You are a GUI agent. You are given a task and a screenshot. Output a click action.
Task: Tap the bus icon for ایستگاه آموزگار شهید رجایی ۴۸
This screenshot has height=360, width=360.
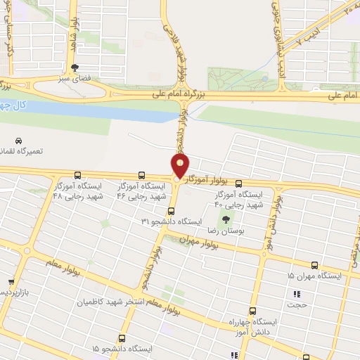(77, 176)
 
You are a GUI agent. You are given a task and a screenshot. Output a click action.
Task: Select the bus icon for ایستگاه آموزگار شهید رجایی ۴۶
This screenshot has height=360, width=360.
(142, 175)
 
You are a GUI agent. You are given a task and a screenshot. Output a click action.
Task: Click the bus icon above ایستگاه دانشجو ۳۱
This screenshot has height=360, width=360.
(171, 210)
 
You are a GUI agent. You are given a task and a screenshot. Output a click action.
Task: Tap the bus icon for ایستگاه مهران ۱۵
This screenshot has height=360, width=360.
(314, 265)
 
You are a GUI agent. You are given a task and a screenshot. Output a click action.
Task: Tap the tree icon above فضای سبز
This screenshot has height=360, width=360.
(75, 67)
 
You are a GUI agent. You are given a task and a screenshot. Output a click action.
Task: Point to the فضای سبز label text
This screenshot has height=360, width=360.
(74, 79)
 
